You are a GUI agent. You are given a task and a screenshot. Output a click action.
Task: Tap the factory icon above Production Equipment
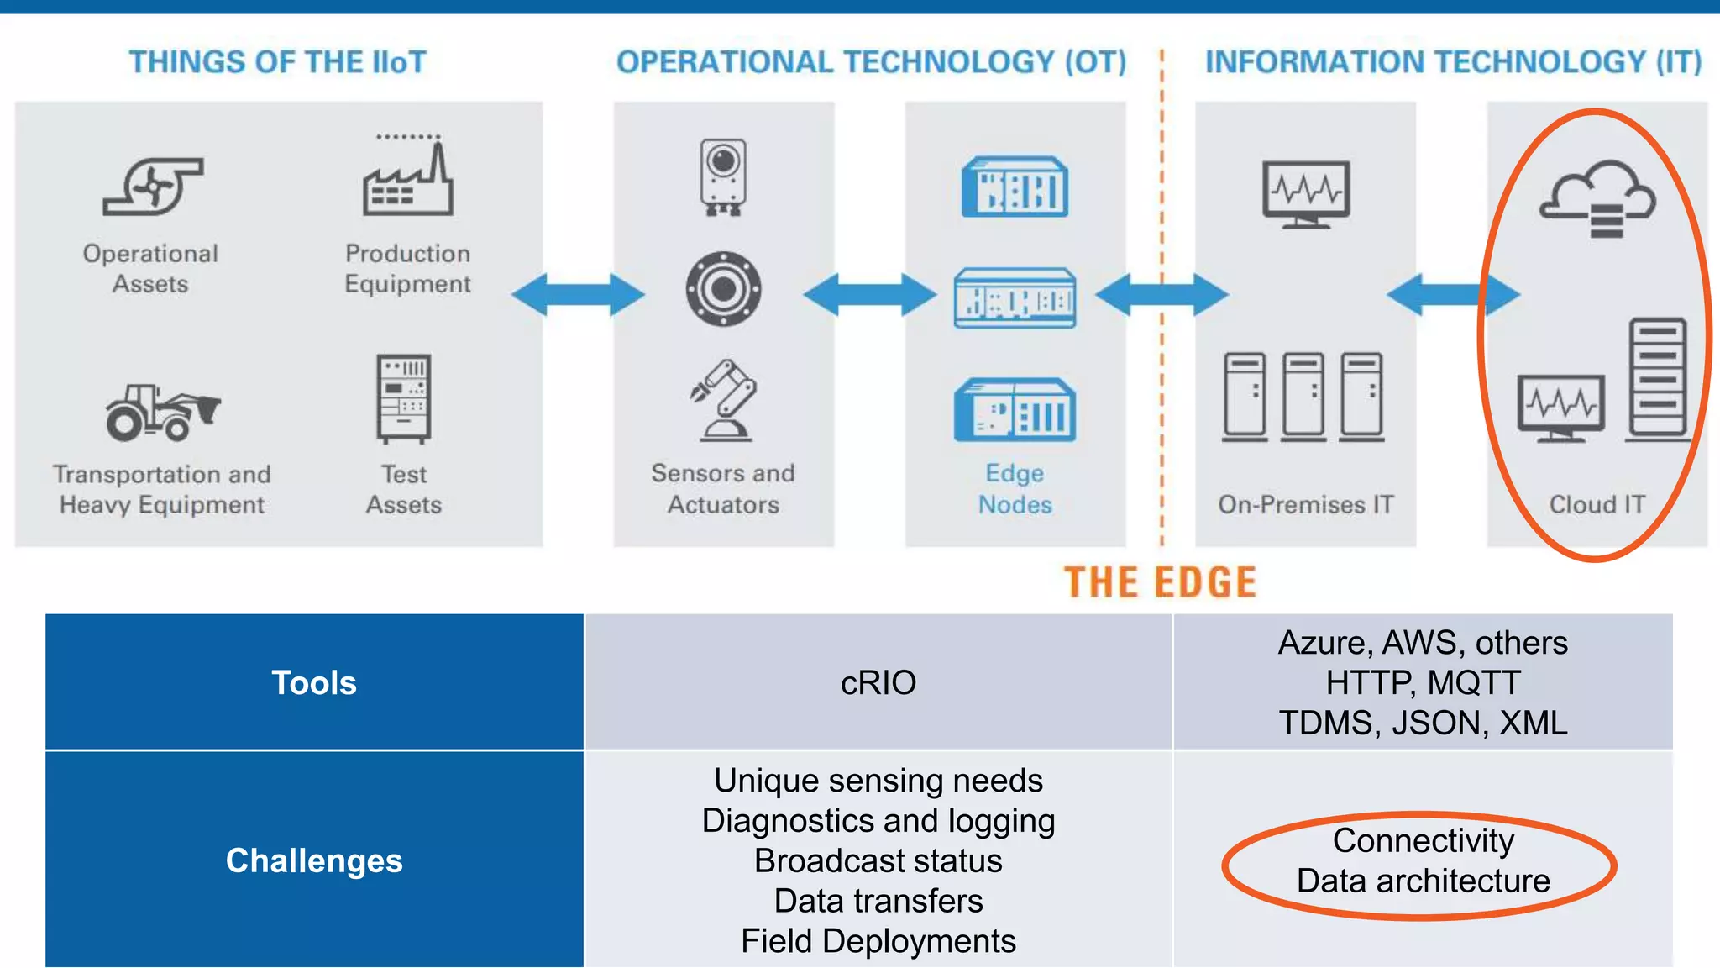click(408, 179)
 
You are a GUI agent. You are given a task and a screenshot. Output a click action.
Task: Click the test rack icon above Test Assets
click(404, 398)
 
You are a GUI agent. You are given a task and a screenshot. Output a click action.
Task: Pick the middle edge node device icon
click(1015, 298)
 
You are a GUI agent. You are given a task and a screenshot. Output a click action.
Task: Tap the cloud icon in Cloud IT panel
click(1597, 198)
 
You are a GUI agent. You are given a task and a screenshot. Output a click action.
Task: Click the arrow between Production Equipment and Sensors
click(578, 294)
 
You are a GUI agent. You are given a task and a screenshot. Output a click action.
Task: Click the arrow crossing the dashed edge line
click(1162, 294)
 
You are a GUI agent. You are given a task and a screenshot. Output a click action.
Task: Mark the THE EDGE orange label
click(1160, 582)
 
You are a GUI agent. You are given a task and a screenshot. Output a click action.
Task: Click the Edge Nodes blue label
click(1015, 488)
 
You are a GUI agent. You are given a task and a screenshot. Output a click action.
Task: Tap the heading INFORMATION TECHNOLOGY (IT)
click(1453, 62)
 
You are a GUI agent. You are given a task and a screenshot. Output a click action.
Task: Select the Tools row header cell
click(314, 682)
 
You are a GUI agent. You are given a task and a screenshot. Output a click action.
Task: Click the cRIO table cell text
click(878, 682)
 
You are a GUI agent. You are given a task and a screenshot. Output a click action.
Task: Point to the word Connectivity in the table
click(1423, 840)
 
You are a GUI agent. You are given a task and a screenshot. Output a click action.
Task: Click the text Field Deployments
click(878, 941)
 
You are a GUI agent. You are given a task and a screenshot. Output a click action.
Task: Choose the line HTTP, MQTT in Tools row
click(1423, 682)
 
